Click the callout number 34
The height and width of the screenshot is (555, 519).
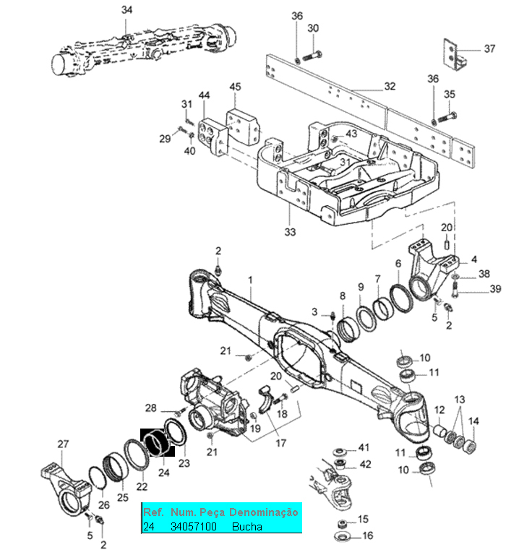point(126,10)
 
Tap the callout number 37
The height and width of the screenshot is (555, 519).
point(489,49)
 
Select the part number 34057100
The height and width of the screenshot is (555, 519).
point(193,527)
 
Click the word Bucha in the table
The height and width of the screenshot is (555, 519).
point(247,527)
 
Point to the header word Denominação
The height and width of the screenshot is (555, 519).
point(263,512)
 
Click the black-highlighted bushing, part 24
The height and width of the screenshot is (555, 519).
point(158,442)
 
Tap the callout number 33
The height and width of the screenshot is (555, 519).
point(290,232)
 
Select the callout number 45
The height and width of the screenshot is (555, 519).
point(236,87)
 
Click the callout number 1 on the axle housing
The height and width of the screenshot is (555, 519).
point(250,280)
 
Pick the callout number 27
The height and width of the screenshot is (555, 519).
point(63,444)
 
